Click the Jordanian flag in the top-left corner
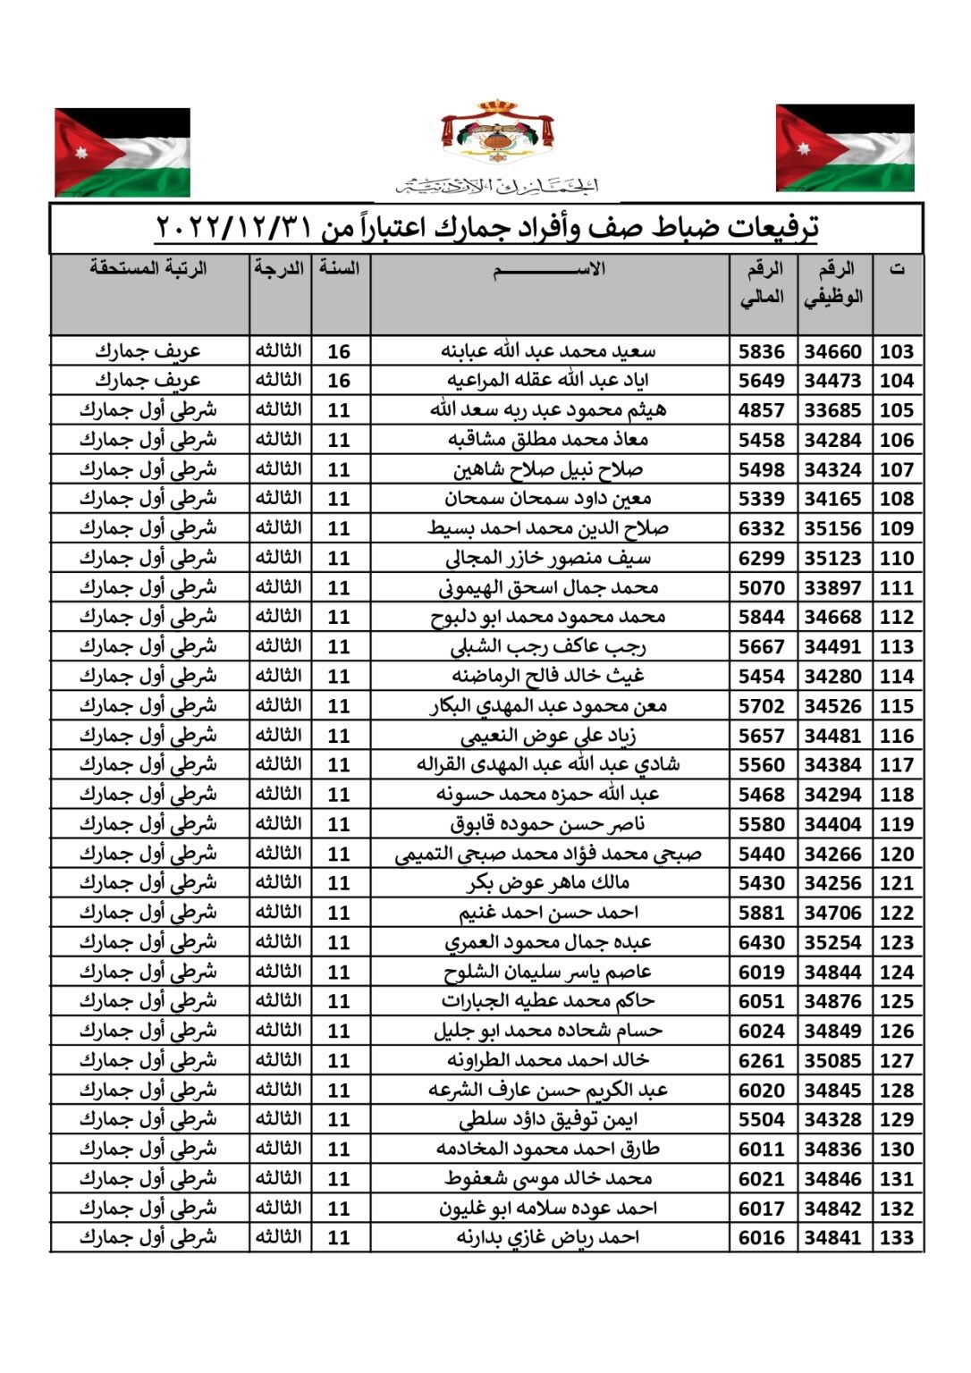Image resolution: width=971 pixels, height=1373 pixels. tap(122, 152)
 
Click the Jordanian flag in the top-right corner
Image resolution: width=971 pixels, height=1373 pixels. tap(844, 148)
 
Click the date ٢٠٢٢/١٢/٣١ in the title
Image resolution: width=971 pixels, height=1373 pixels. tap(233, 228)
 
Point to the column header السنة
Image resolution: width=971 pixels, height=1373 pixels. tap(340, 268)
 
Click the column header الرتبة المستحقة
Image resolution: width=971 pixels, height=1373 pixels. tap(148, 268)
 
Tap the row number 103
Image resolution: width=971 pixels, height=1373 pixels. tap(896, 351)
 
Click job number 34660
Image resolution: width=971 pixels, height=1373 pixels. tap(832, 351)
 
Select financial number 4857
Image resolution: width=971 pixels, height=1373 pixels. tap(761, 410)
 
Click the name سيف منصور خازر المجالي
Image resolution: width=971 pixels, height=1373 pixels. tap(548, 559)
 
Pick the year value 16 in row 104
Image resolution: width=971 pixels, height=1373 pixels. tap(339, 381)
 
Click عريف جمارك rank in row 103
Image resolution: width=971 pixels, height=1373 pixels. tap(148, 351)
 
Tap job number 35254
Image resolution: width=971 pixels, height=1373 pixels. tap(832, 942)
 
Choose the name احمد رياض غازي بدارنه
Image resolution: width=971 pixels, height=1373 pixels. tap(548, 1238)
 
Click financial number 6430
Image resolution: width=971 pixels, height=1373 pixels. tap(761, 942)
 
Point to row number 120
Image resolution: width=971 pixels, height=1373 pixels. tap(896, 854)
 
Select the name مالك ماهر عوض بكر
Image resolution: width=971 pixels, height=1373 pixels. tap(548, 883)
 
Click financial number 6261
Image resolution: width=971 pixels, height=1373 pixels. tap(761, 1061)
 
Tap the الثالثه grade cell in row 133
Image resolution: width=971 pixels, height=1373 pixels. tap(279, 1237)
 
